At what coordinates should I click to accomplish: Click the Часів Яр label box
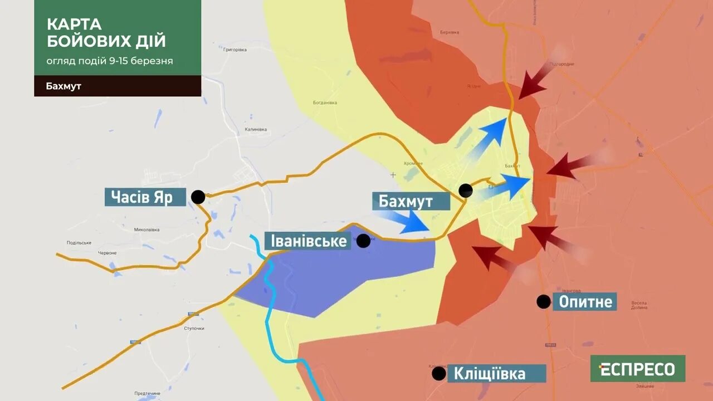(145, 197)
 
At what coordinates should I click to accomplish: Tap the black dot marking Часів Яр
(198, 197)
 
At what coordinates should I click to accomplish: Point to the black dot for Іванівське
(363, 241)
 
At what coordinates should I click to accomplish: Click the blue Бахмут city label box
(411, 201)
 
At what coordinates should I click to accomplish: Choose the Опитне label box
(585, 302)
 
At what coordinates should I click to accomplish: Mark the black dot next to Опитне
(543, 302)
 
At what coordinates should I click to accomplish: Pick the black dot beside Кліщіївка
(439, 373)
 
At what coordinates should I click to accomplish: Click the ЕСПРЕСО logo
(638, 369)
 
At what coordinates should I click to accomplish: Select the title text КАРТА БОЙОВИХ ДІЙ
(106, 32)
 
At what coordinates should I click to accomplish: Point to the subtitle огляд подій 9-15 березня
(110, 61)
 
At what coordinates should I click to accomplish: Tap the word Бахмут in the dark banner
(64, 86)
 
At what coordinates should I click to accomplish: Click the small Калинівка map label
(256, 129)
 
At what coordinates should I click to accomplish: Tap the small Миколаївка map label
(147, 229)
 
